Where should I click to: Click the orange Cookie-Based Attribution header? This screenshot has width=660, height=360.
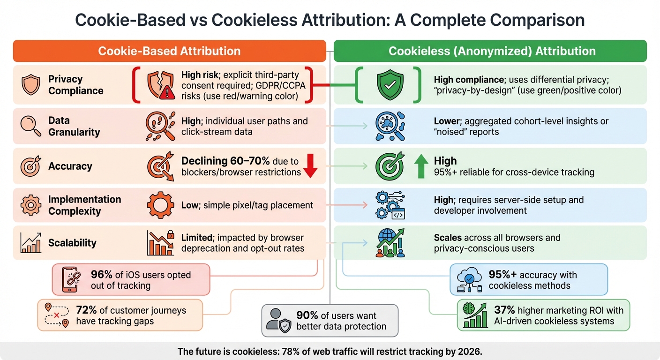(x=169, y=51)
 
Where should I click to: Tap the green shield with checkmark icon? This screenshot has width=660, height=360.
(x=390, y=84)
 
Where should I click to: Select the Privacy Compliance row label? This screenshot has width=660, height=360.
(x=75, y=85)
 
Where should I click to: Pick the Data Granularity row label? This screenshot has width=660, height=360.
(x=74, y=126)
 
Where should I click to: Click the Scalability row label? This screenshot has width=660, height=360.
(x=72, y=243)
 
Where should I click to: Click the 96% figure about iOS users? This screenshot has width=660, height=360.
(x=101, y=275)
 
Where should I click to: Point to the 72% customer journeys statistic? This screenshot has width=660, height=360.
(x=86, y=310)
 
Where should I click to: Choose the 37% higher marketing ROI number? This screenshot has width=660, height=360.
(x=504, y=310)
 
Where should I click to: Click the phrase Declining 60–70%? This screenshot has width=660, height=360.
(x=225, y=161)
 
